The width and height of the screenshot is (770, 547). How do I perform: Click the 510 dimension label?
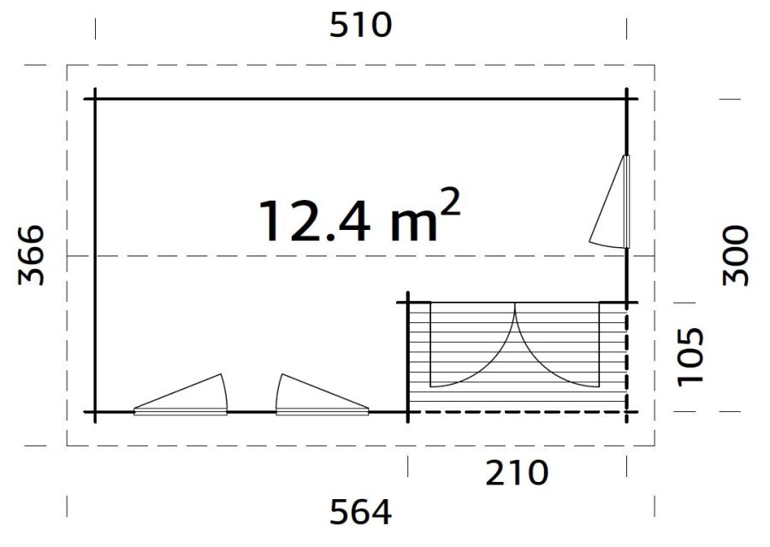360,25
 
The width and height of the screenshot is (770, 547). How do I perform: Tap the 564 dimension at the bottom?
360,512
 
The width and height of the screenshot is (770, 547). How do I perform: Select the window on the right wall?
613,203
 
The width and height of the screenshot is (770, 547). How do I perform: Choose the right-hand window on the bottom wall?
317,396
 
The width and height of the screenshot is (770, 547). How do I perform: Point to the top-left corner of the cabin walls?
95,99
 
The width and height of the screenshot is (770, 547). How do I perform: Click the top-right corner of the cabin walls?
627,99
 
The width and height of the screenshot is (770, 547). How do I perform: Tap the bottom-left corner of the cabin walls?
95,412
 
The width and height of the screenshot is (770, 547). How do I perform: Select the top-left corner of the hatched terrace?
408,302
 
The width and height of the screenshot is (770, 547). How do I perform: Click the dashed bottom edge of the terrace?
518,412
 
